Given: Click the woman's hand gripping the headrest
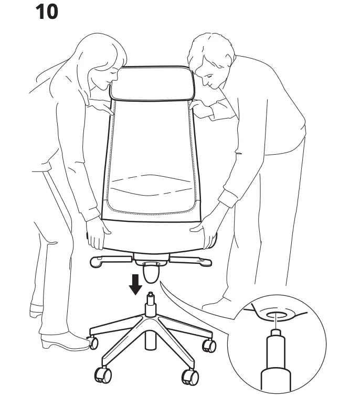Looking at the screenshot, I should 105,108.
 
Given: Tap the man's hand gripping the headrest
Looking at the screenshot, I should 202,109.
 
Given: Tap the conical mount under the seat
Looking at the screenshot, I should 150,272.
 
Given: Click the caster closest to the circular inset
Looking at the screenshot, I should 209,345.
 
